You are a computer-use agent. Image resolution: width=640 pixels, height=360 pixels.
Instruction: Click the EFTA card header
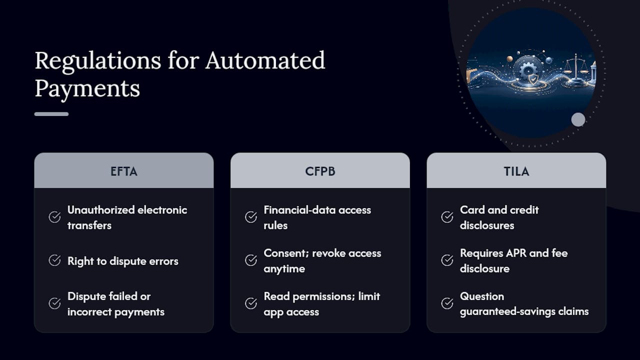point(123,170)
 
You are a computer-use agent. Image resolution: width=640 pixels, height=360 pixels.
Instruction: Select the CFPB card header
point(320,170)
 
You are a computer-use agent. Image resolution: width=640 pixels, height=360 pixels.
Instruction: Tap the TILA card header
point(516,170)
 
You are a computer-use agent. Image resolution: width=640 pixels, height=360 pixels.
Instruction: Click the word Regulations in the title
point(97,61)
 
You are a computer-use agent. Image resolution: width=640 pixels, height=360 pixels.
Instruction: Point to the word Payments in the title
point(87,89)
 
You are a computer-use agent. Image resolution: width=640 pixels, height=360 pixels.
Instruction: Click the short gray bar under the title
point(51,114)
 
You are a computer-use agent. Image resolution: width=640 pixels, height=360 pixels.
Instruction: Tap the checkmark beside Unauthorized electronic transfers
point(54,217)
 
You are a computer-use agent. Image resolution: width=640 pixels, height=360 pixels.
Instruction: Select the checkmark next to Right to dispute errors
point(54,260)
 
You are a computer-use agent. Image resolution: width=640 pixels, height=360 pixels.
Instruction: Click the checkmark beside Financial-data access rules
point(251,217)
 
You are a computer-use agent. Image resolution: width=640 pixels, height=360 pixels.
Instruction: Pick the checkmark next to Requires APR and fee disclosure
point(447,260)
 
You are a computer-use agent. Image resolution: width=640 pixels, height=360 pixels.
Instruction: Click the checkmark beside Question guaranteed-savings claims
point(447,303)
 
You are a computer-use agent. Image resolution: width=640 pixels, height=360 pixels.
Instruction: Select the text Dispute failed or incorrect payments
point(116,304)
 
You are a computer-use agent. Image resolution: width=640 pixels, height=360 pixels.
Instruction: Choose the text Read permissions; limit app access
point(322,304)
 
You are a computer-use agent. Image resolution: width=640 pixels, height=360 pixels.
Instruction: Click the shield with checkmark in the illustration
point(533,79)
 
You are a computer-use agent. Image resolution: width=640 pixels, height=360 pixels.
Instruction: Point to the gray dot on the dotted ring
point(578,119)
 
